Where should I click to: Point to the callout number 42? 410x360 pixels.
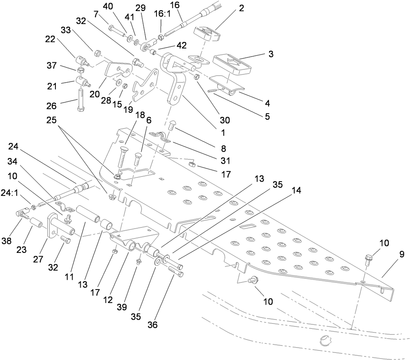tap(181, 46)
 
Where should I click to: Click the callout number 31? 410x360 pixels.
tap(223, 161)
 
